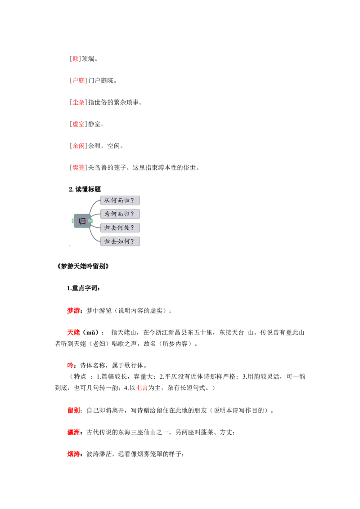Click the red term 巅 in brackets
[x=76, y=59]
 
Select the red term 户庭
[x=79, y=80]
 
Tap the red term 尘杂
[x=79, y=102]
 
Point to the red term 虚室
[x=79, y=124]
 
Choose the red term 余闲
[x=79, y=146]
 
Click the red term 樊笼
[x=79, y=168]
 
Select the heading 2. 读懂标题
[x=85, y=189]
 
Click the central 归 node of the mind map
[x=82, y=221]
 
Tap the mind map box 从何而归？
[x=120, y=200]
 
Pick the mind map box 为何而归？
[x=120, y=214]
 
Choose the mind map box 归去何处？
[x=120, y=228]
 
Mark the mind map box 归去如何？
[x=120, y=241]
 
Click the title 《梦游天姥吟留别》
[x=82, y=266]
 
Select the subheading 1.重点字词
[x=84, y=288]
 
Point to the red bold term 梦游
[x=73, y=311]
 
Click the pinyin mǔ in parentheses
[x=90, y=333]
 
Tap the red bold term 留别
[x=73, y=411]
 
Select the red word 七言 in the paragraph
[x=142, y=388]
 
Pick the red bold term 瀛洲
[x=73, y=433]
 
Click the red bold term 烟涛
[x=73, y=454]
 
